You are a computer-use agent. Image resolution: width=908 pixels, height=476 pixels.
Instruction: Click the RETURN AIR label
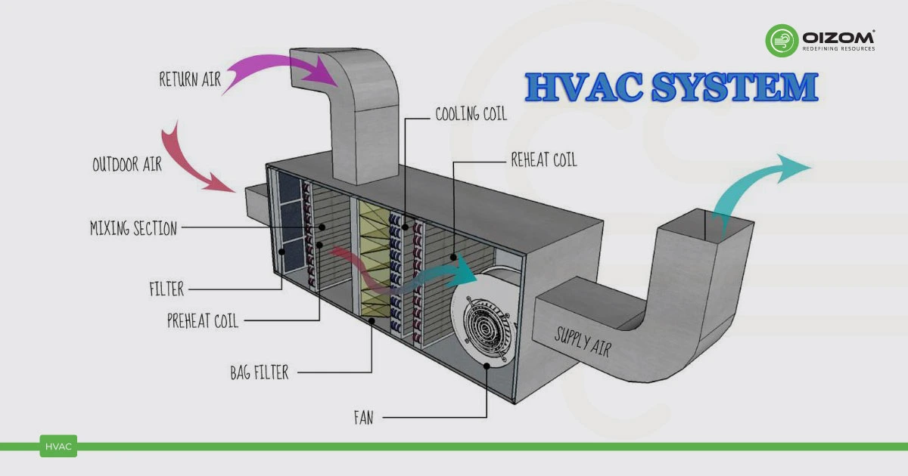point(190,79)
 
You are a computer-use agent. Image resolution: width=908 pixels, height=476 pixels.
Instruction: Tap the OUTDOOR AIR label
point(127,163)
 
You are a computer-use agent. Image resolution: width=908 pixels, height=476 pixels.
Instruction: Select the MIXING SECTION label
point(133,227)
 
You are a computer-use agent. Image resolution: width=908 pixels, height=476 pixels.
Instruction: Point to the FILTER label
point(166,288)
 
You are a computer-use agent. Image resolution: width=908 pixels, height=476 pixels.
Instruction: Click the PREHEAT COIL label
point(203,320)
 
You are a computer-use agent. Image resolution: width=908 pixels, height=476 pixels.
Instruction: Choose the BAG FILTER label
point(260,372)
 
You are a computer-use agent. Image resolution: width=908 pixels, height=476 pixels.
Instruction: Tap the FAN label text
point(363,416)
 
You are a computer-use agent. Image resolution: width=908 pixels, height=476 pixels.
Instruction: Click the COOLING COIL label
point(471,115)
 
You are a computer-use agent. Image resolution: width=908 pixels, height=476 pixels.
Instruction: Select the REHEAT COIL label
point(543,159)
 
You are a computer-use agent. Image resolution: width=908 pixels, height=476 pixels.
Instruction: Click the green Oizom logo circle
point(782,41)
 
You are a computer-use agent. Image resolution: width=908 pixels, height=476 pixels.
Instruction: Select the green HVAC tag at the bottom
point(58,447)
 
